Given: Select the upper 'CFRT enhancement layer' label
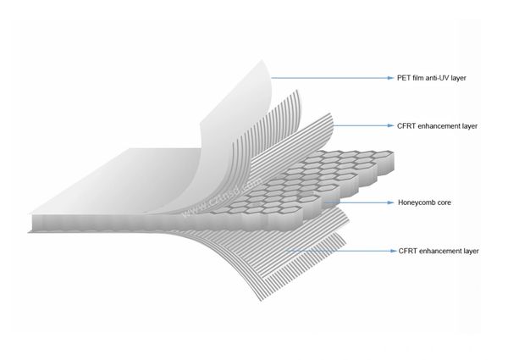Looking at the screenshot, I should click(x=438, y=126).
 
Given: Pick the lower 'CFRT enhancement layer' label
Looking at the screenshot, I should click(x=438, y=252).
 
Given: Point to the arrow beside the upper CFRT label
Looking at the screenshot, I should click(x=360, y=126).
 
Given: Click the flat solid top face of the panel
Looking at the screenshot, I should click(x=102, y=182).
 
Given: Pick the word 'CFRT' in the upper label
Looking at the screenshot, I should click(x=407, y=126).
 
